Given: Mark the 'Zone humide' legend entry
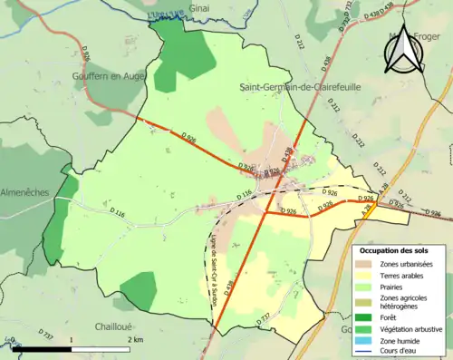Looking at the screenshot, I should pos(400,342).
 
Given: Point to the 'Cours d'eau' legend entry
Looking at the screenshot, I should pos(399,354).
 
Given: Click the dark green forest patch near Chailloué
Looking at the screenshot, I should pos(139,290).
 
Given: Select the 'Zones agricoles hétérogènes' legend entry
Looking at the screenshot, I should pos(403,303).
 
